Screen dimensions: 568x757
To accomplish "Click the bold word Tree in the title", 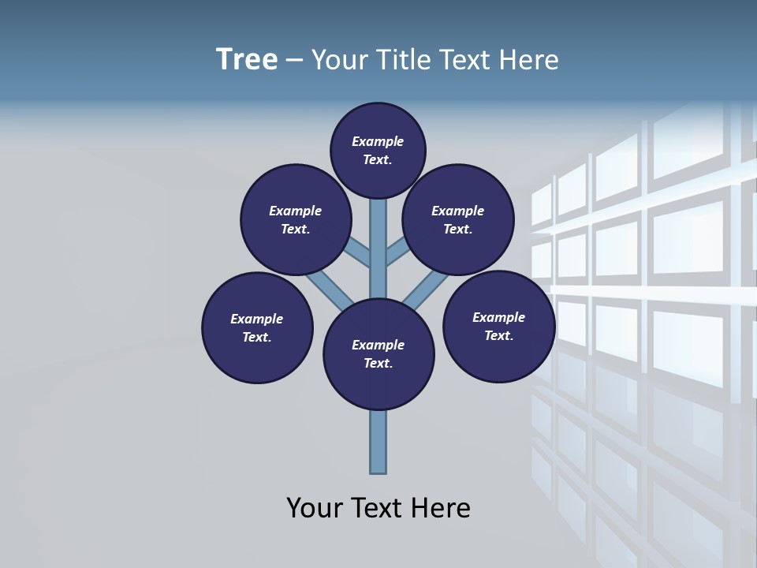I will (247, 60).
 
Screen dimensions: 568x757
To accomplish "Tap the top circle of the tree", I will (378, 150).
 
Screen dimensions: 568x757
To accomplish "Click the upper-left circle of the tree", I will (296, 219).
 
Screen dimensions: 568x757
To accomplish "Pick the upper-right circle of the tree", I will (458, 219).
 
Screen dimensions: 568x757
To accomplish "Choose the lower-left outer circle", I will (257, 327).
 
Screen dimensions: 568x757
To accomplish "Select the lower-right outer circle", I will (499, 326).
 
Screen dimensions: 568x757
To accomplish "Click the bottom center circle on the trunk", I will (378, 354).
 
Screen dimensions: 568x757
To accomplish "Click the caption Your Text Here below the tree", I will (378, 508).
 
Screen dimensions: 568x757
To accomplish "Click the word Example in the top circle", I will (378, 141).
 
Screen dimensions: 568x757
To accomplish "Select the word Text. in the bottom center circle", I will (378, 364).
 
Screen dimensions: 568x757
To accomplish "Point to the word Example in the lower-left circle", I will (256, 319).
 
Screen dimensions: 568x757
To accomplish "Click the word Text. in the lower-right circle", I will (498, 336).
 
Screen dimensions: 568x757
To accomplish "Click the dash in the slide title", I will (294, 61).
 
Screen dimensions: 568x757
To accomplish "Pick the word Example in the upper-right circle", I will (457, 211).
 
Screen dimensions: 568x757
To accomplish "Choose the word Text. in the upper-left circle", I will (295, 230).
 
